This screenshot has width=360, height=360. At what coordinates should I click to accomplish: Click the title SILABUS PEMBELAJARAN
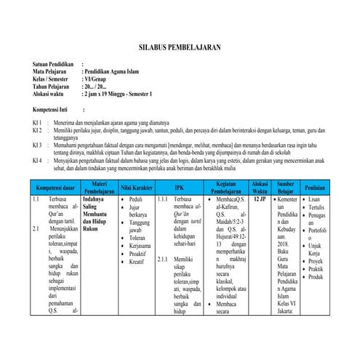180,47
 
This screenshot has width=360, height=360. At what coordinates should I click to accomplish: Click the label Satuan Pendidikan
54,65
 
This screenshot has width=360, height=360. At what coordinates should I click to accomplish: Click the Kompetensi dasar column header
55,187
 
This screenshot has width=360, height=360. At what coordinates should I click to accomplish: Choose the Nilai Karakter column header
137,187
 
